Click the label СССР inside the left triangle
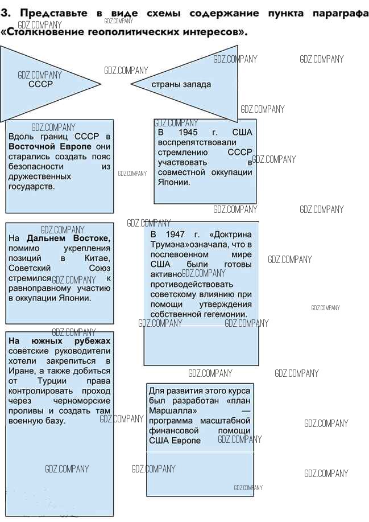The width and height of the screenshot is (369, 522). tap(40, 84)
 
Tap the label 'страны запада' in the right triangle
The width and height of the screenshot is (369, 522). tap(181, 84)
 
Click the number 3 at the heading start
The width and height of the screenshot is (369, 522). tap(5, 13)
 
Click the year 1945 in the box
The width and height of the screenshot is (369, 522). tap(188, 132)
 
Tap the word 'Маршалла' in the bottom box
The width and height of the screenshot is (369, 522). tap(173, 410)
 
